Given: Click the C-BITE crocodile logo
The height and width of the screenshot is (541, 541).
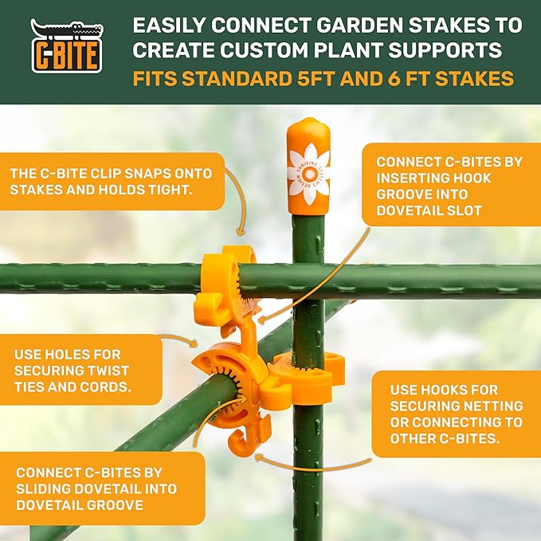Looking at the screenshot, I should [x=66, y=46].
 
